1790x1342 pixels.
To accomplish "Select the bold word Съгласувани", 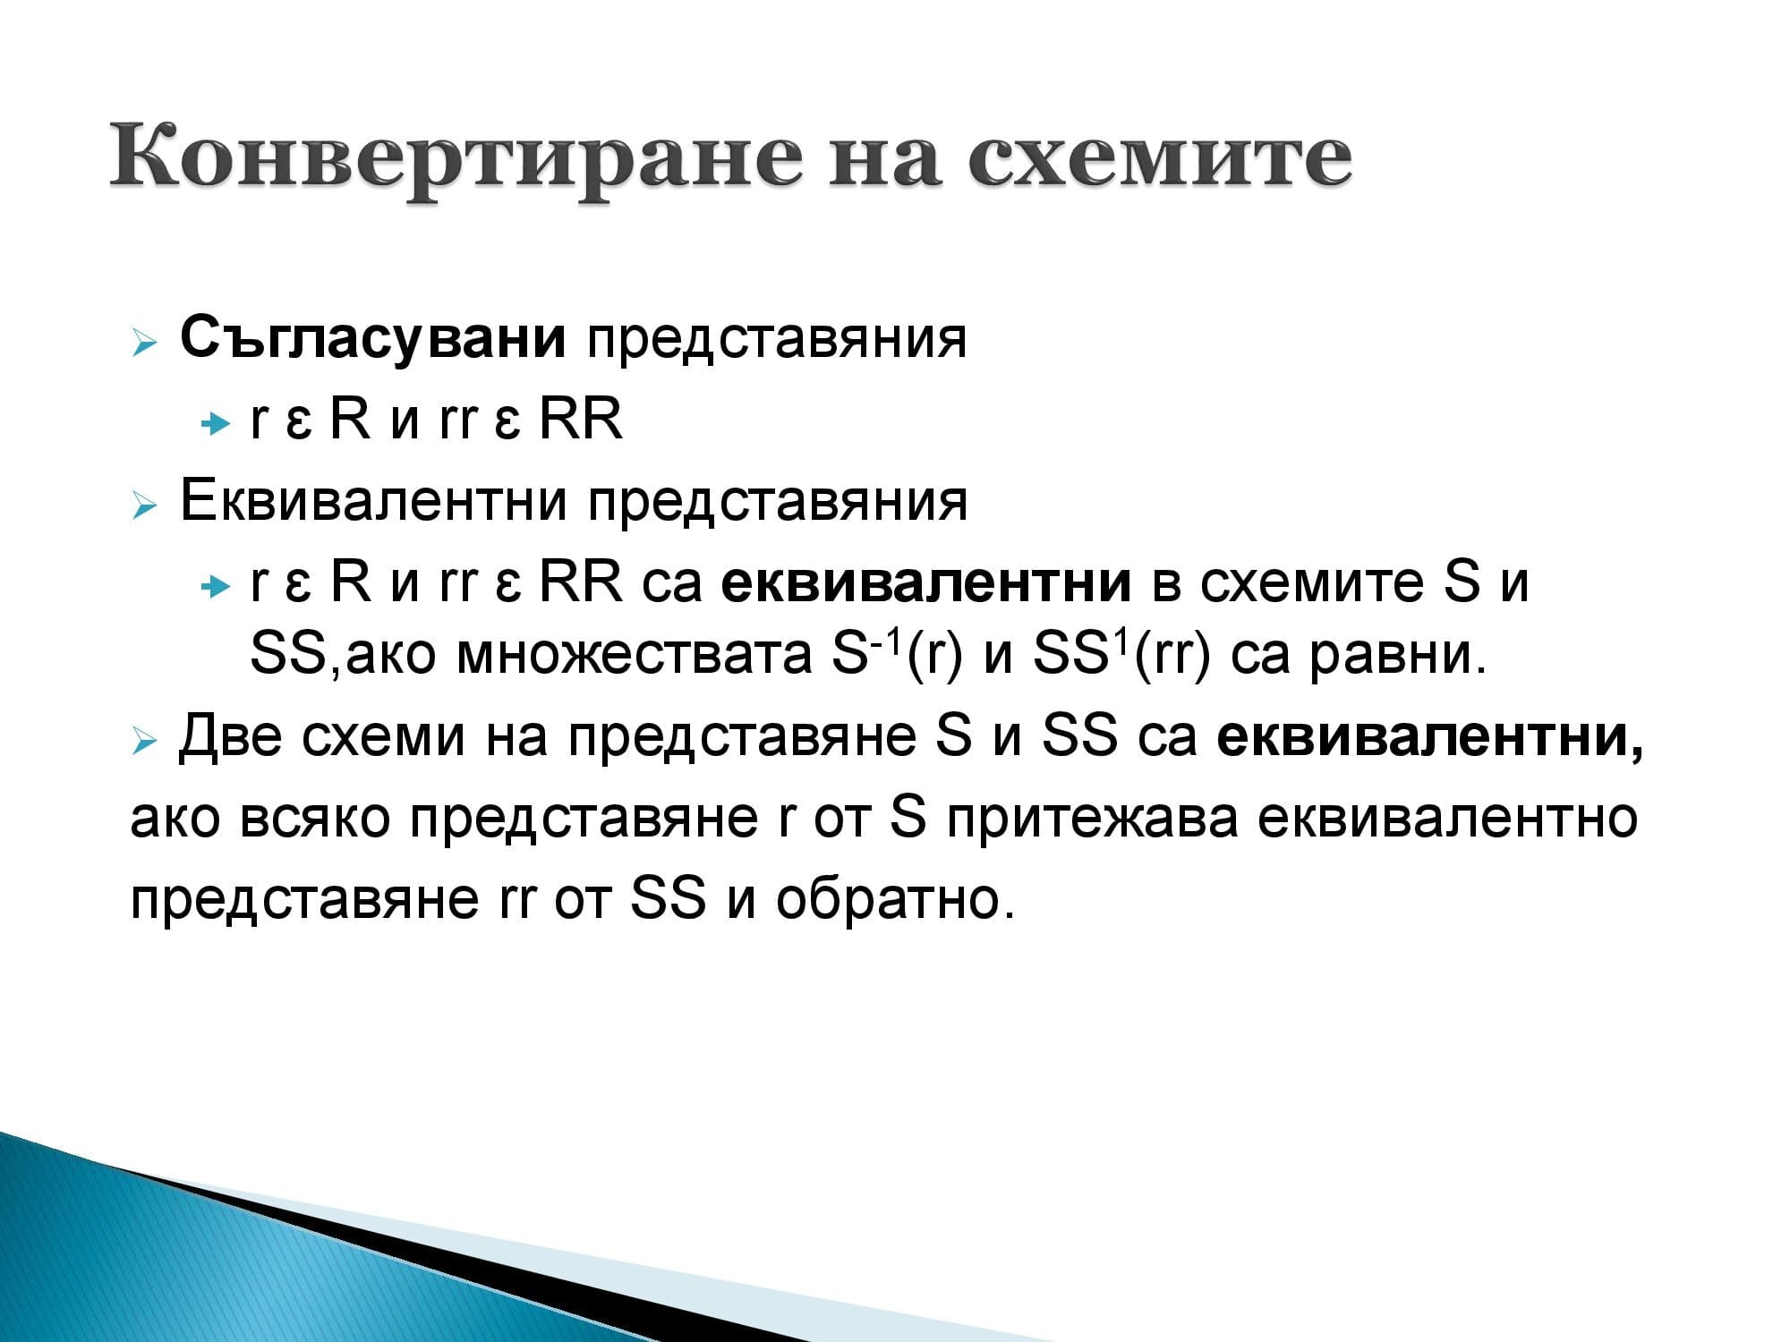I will pyautogui.click(x=372, y=338).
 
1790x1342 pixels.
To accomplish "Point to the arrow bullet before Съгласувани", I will pyautogui.click(x=144, y=343).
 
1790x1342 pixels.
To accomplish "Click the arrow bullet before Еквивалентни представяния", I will pyautogui.click(x=144, y=505).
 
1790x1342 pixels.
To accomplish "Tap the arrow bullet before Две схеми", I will pyautogui.click(x=144, y=742).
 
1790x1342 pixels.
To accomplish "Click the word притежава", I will pyautogui.click(x=1092, y=818).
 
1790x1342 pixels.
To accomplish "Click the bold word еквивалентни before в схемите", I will pyautogui.click(x=925, y=581).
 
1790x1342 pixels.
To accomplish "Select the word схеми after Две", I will pyautogui.click(x=384, y=736).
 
